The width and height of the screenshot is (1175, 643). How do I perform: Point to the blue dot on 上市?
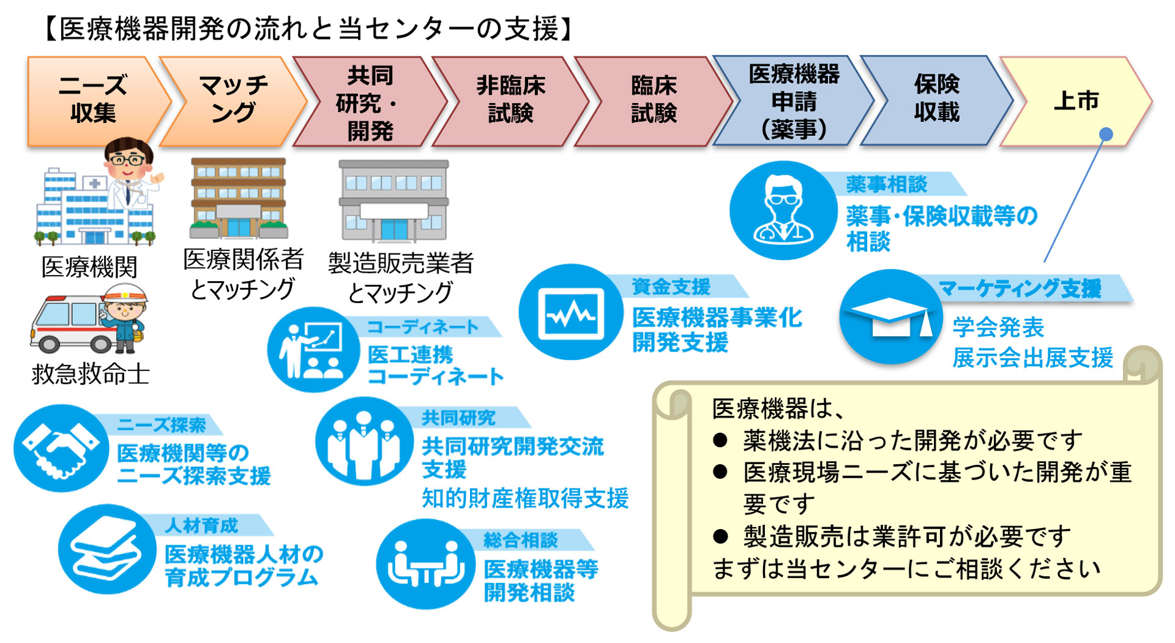point(1106,134)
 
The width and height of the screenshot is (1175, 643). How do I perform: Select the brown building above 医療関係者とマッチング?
point(239,198)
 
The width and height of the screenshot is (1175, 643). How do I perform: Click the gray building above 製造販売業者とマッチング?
point(394,201)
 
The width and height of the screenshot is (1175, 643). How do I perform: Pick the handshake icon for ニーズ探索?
point(61,448)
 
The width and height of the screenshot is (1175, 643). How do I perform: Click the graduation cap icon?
point(890,317)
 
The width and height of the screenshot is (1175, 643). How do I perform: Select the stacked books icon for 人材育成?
point(106,549)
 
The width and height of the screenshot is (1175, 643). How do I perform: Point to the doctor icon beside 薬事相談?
point(783,210)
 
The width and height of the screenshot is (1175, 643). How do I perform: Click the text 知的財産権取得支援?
point(525,498)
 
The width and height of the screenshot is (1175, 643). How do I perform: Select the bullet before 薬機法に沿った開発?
point(720,440)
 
